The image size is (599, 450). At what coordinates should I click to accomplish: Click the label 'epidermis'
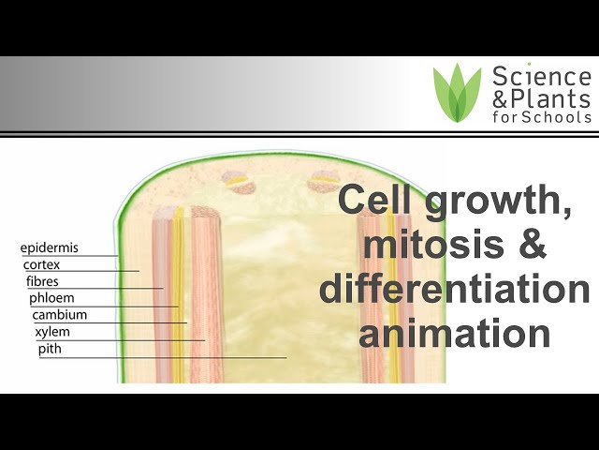(50, 248)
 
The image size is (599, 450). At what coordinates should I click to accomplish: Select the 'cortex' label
(42, 265)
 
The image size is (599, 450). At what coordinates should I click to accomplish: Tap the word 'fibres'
(44, 281)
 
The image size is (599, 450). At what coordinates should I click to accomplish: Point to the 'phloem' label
(51, 298)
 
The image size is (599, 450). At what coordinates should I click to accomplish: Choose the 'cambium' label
(60, 315)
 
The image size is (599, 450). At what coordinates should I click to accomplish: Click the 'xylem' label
(52, 332)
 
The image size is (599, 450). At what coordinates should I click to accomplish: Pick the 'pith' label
(50, 349)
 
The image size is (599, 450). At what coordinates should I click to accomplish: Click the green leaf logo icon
(457, 93)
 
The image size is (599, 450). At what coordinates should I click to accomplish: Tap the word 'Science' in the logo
(541, 76)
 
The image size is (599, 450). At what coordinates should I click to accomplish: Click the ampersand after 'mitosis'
(525, 247)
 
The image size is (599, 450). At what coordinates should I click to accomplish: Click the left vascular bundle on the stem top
(237, 180)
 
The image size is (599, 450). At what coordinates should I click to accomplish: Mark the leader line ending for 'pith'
(285, 357)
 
